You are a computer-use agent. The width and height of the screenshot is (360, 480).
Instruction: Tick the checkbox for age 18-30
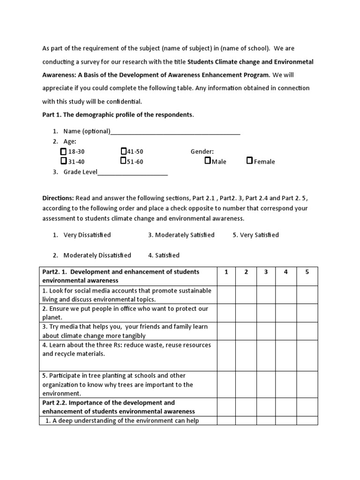(x=63, y=152)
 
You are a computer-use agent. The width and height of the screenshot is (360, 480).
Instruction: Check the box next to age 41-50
(x=123, y=151)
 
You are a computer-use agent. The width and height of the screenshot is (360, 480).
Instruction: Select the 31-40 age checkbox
(x=63, y=161)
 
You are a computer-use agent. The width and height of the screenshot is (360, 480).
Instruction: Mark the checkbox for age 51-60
(x=123, y=161)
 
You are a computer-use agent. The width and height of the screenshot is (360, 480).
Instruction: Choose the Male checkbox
(x=208, y=161)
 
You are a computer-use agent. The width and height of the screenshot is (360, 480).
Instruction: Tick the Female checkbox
(x=250, y=161)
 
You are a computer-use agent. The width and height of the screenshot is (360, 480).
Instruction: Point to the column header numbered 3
(x=266, y=272)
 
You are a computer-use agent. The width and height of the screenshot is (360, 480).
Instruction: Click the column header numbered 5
(x=307, y=272)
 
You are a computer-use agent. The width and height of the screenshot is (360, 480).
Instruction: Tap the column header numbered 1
(x=226, y=272)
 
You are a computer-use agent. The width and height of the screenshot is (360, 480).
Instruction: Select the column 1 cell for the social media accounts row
(x=226, y=295)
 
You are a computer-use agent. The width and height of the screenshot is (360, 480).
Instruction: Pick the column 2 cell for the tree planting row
(x=246, y=384)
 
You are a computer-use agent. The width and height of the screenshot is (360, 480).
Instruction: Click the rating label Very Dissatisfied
(x=87, y=235)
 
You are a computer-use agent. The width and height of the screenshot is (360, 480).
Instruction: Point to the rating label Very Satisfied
(x=259, y=235)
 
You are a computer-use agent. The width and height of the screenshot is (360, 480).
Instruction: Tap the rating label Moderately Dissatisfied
(x=97, y=255)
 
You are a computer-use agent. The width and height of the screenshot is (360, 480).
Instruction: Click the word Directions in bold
(x=58, y=198)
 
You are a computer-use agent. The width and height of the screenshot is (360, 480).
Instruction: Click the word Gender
(x=202, y=151)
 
